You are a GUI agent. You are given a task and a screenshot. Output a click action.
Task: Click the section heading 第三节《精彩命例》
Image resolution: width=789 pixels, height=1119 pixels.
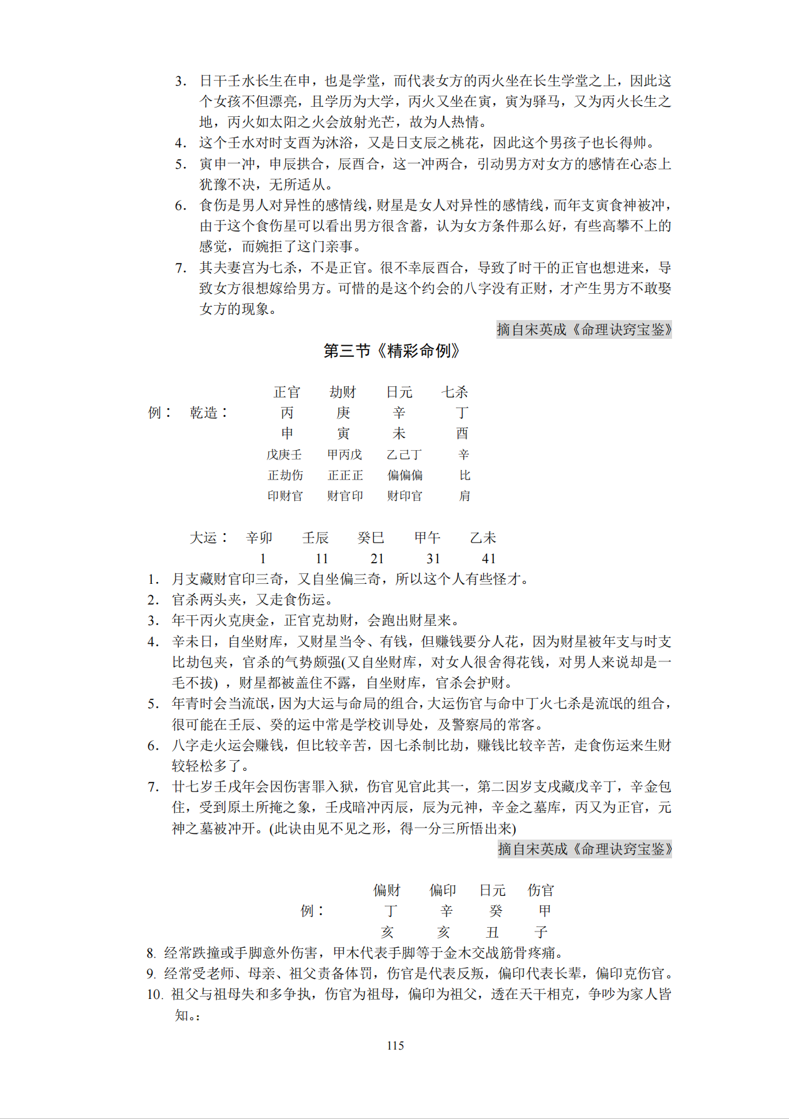pos(391,351)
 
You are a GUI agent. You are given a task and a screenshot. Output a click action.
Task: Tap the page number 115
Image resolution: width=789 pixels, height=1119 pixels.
pos(395,1045)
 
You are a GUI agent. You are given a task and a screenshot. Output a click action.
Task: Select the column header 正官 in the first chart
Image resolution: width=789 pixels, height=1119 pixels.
pos(287,392)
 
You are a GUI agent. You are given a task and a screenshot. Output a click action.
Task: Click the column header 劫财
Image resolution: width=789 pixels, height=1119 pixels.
pos(343,392)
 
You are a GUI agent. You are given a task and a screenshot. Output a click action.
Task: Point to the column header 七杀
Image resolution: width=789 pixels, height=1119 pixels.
pos(455,392)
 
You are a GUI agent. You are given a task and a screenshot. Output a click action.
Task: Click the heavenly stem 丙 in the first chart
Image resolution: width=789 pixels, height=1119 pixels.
pos(287,413)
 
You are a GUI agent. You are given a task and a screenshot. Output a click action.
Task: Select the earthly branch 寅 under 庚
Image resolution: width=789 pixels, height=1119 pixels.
pos(343,433)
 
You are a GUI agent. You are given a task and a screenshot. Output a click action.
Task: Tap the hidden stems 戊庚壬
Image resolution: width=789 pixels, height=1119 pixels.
pos(284,454)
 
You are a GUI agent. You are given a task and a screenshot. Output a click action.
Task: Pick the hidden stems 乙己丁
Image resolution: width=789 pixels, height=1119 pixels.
pos(404,454)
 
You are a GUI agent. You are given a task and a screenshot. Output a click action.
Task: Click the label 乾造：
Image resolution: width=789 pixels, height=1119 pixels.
pos(209,413)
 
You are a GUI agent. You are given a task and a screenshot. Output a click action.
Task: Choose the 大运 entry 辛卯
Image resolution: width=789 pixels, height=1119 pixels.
pos(259,538)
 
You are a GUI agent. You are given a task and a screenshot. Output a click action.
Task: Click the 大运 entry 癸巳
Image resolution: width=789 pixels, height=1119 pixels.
pos(371,538)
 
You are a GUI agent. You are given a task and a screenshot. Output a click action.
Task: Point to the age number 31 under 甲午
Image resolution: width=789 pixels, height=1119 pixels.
pos(433,558)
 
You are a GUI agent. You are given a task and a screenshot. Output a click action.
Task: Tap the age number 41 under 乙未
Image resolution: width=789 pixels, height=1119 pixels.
pos(489,558)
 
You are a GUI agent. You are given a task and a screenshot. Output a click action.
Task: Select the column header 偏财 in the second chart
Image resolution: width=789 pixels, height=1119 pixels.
pos(386,890)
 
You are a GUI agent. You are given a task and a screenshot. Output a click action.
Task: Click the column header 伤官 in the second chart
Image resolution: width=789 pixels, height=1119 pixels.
pos(541,890)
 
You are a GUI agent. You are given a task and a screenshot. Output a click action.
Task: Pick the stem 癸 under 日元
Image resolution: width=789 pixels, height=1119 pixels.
pos(495,911)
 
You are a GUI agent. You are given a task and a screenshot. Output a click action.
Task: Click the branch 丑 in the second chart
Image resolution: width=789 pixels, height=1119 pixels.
pos(493,932)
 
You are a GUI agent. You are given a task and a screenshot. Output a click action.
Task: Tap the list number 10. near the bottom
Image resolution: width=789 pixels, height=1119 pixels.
pos(155,994)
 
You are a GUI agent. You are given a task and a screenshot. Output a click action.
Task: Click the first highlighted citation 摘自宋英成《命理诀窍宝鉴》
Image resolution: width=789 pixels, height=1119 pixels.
pos(584,329)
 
